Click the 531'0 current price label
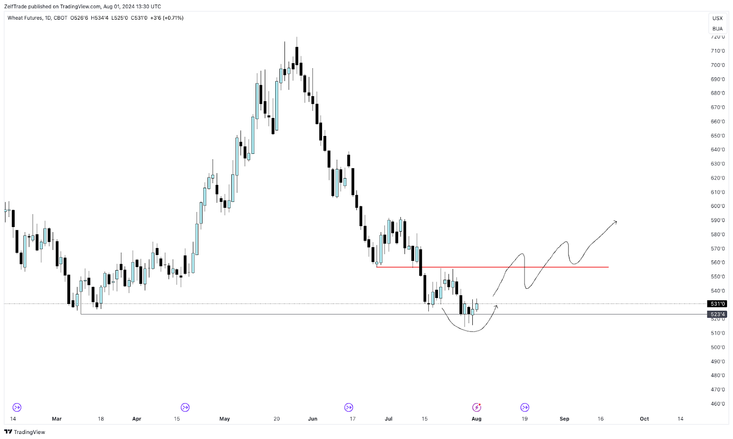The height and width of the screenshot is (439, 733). (x=717, y=304)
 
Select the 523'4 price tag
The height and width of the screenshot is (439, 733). (x=717, y=314)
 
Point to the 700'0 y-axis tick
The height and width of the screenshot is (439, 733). (x=717, y=65)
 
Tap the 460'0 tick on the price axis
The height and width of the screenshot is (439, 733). (x=717, y=404)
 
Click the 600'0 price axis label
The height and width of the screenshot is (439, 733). (x=717, y=206)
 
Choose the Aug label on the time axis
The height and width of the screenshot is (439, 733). (x=476, y=419)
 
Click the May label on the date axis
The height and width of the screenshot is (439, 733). (x=224, y=419)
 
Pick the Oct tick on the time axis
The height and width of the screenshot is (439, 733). (x=644, y=419)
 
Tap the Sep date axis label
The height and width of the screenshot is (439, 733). (x=564, y=419)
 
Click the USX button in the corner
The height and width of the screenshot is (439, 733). (x=717, y=18)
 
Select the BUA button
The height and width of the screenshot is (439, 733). (x=717, y=29)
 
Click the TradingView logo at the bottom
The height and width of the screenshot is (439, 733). (x=25, y=432)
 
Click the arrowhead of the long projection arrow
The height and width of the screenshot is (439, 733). (x=615, y=222)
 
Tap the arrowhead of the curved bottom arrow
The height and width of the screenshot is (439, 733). (x=497, y=306)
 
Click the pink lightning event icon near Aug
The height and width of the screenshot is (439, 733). (x=476, y=407)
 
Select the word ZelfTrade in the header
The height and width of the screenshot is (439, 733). (x=16, y=6)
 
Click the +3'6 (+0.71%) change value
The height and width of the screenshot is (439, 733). (x=167, y=18)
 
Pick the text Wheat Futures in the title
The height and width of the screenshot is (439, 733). (x=25, y=18)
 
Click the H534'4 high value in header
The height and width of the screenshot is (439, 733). (x=100, y=18)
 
